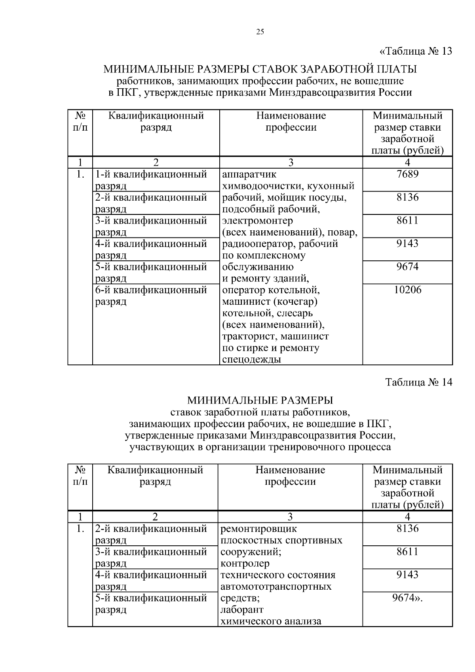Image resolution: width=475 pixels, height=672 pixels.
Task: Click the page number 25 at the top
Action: [260, 32]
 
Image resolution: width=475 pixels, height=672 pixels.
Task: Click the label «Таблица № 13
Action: [415, 51]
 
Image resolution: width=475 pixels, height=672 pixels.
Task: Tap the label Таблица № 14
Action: [418, 382]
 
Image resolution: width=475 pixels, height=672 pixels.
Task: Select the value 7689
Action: [407, 174]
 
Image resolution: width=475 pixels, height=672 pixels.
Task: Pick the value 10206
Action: [408, 290]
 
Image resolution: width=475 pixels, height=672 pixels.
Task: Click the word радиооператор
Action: [258, 244]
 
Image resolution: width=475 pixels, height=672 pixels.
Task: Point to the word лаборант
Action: [241, 609]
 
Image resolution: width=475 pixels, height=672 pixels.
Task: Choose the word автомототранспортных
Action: [276, 587]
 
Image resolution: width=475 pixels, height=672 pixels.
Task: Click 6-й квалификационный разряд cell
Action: [151, 296]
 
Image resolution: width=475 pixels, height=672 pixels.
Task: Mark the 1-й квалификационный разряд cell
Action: [151, 180]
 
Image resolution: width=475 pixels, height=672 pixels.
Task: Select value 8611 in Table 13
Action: [407, 220]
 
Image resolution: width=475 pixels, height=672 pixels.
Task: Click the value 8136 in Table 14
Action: [407, 529]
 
